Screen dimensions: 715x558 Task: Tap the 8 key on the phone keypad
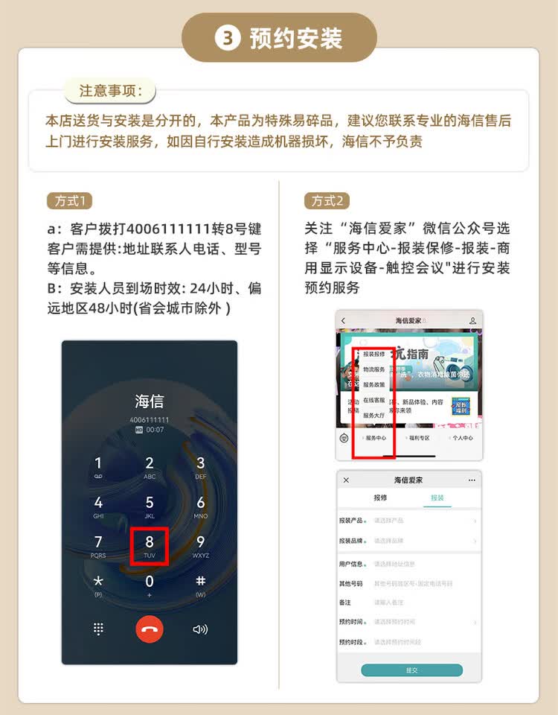150,545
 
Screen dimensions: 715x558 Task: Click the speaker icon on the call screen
200,629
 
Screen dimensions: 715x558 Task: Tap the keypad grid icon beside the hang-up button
98,629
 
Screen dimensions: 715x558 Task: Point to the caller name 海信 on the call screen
150,401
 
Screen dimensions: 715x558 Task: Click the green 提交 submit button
411,670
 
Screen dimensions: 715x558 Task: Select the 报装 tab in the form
437,498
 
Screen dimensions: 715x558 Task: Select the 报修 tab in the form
379,498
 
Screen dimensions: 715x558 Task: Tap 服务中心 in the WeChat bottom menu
375,438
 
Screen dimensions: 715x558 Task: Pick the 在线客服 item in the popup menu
374,400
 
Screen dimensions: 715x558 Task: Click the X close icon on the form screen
346,480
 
